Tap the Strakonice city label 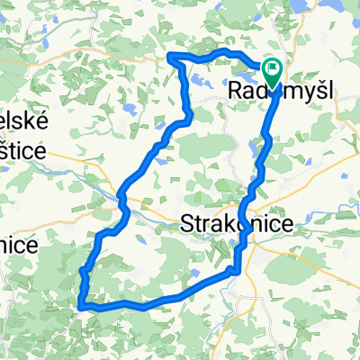(x=237, y=223)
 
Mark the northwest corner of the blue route (x=171, y=57)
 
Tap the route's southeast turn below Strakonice (x=238, y=268)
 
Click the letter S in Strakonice (x=187, y=223)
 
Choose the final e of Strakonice (x=286, y=224)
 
